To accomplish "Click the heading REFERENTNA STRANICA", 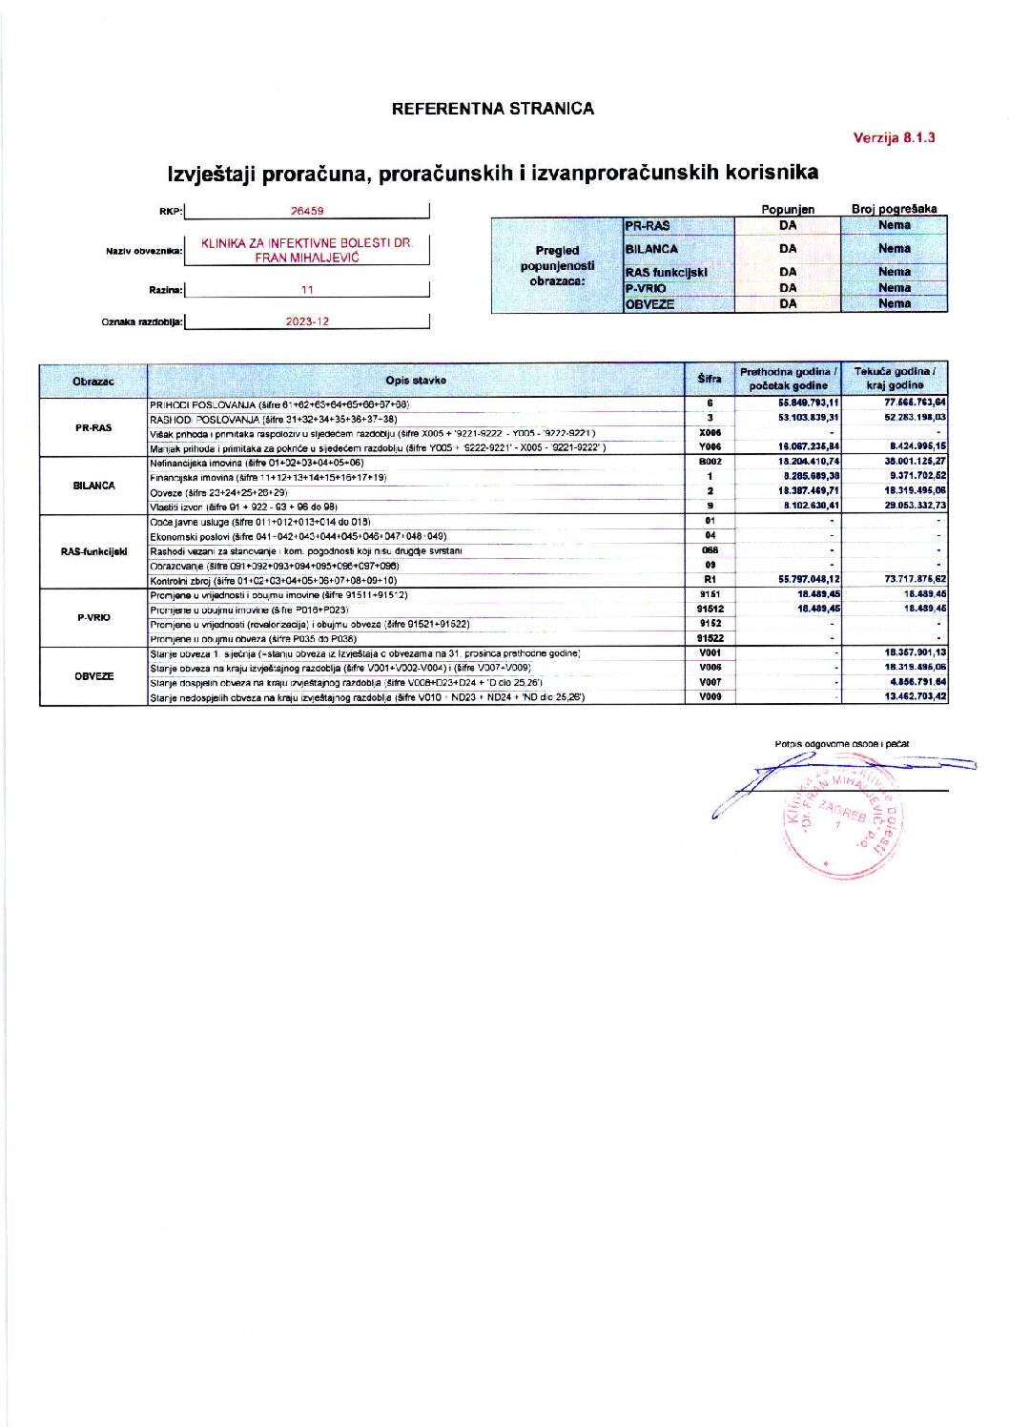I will (x=492, y=109).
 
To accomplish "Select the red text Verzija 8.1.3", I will (x=894, y=137).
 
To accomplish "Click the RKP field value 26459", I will (x=307, y=212).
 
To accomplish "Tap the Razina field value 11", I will (x=307, y=290).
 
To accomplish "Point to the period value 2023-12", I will (x=307, y=322).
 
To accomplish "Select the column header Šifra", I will (x=709, y=379).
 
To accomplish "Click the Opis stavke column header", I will (x=417, y=381).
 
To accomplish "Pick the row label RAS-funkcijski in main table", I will (x=93, y=551).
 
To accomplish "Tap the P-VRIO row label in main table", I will (x=93, y=617).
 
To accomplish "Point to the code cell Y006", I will (x=710, y=447).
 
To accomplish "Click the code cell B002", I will (x=710, y=462).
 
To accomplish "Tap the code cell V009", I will (x=710, y=697).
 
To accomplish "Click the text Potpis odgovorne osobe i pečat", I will (x=841, y=744).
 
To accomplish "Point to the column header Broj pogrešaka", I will (x=894, y=209).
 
